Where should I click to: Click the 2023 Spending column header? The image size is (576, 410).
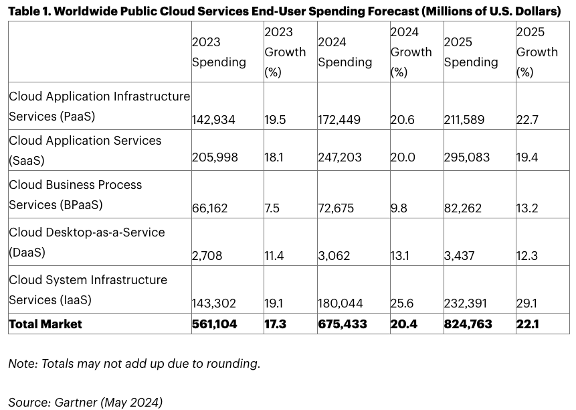pyautogui.click(x=219, y=52)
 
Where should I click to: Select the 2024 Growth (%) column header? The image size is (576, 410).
pyautogui.click(x=411, y=52)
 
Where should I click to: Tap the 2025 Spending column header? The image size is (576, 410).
pyautogui.click(x=470, y=52)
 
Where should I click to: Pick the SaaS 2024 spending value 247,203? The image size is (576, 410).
pyautogui.click(x=340, y=157)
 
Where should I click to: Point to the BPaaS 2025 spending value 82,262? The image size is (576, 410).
pyautogui.click(x=462, y=208)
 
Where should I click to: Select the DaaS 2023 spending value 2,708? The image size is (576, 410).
pyautogui.click(x=207, y=256)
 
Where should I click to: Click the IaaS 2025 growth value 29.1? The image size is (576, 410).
pyautogui.click(x=527, y=303)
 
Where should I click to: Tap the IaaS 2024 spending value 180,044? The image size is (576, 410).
pyautogui.click(x=341, y=303)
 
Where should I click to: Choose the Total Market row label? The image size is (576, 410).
pyautogui.click(x=45, y=324)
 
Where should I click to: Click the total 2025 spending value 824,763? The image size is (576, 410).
pyautogui.click(x=468, y=324)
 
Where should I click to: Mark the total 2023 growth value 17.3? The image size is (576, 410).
pyautogui.click(x=276, y=324)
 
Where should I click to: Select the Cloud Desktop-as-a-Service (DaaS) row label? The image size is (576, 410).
pyautogui.click(x=88, y=243)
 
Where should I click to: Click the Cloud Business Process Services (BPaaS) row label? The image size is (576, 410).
pyautogui.click(x=76, y=195)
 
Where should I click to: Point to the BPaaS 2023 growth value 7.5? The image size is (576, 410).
pyautogui.click(x=272, y=208)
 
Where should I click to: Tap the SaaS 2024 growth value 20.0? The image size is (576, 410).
pyautogui.click(x=403, y=157)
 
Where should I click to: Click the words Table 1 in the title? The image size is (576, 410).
pyautogui.click(x=30, y=11)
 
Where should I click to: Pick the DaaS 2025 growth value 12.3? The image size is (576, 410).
pyautogui.click(x=528, y=256)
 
